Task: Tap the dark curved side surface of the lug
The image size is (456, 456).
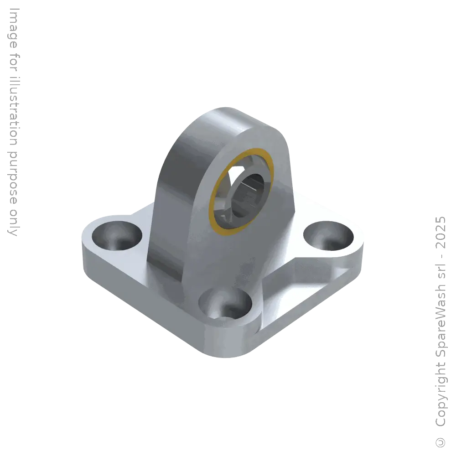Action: pos(176,182)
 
